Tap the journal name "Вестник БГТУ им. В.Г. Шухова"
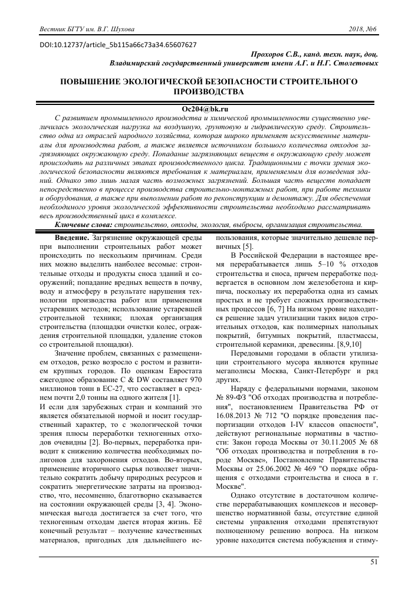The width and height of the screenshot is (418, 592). point(86,29)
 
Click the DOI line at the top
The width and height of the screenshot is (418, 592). point(118,44)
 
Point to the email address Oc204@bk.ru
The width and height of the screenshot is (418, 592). point(208,109)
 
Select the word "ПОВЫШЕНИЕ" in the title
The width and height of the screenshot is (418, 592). point(96,81)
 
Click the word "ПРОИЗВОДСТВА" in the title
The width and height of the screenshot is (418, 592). point(208,92)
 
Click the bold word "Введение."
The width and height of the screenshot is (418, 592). point(73,237)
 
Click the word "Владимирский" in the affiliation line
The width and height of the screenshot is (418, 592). point(139,63)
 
